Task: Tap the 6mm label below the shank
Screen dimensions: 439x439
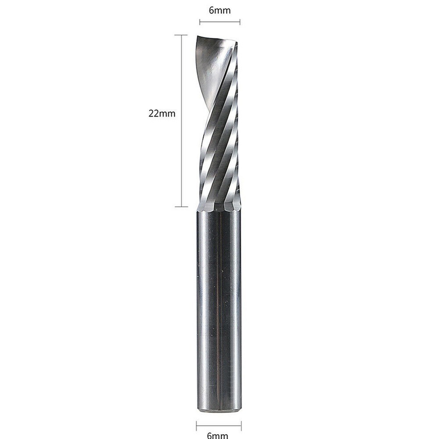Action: click(218, 435)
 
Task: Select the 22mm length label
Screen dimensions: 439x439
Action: click(162, 113)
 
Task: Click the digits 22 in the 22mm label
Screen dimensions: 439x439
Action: click(154, 113)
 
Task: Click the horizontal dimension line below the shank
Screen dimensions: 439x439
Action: click(218, 425)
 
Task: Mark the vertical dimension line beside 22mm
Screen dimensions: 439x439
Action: click(181, 121)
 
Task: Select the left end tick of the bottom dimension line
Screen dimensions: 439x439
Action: click(196, 425)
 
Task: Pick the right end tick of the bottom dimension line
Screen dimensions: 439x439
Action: click(241, 425)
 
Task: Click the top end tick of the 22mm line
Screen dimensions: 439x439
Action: click(181, 35)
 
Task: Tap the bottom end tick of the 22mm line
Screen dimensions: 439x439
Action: click(181, 206)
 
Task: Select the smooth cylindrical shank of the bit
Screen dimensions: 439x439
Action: click(218, 307)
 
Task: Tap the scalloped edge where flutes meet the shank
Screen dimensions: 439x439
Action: click(219, 205)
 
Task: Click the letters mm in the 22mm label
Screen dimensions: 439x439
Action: click(168, 113)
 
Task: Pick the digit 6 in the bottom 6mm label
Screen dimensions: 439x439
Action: click(210, 435)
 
